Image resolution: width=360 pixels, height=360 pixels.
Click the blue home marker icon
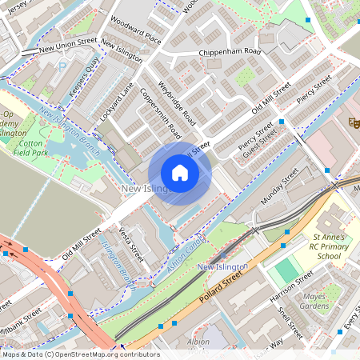click(180, 173)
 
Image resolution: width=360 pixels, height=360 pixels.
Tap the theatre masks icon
click(352, 122)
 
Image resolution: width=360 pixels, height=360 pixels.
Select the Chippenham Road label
click(231, 54)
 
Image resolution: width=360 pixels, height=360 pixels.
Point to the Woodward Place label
click(136, 30)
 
